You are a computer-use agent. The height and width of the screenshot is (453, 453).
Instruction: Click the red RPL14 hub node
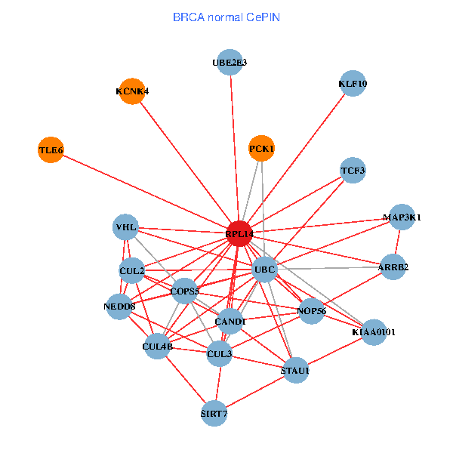pos(239,234)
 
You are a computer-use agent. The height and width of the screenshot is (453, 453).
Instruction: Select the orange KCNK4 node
pos(132,91)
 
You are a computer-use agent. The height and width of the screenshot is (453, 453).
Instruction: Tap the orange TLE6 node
pos(51,150)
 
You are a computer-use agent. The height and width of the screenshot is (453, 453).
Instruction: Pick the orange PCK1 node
pos(261,148)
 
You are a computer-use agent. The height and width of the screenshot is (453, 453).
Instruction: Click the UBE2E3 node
pos(230,62)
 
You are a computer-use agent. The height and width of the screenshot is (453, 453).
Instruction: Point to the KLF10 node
pos(353,84)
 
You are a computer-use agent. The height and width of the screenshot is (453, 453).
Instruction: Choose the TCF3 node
pos(353,171)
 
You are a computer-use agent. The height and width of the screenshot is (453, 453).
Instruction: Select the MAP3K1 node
pos(402,217)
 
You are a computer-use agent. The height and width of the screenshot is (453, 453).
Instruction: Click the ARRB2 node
pos(393,267)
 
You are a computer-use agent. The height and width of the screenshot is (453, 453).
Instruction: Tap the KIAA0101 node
pos(374,331)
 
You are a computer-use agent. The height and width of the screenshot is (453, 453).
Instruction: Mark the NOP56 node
pos(312,310)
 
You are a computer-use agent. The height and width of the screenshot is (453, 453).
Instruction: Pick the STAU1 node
pos(294,370)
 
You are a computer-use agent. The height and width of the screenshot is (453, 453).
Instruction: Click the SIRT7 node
pos(214,413)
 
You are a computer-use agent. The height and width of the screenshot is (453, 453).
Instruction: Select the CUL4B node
pos(157,347)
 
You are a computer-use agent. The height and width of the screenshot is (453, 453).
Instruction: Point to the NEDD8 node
pos(119,307)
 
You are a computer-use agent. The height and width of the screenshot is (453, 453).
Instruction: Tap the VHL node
pos(126,226)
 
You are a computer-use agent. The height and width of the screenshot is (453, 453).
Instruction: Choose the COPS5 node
pos(184,291)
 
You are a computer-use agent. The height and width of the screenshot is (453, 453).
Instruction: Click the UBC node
pos(264,269)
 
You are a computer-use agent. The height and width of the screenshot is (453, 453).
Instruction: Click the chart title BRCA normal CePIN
pos(226,16)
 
